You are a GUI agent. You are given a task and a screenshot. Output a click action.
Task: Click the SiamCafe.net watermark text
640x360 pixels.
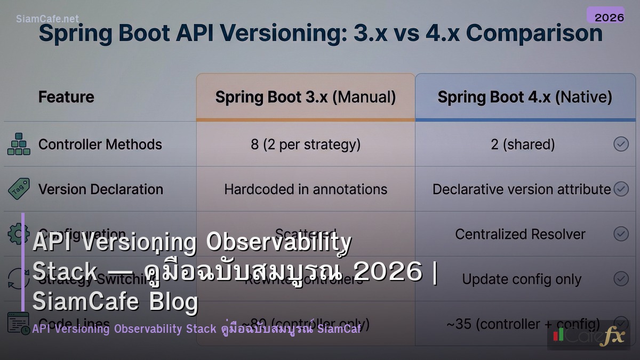click(47, 19)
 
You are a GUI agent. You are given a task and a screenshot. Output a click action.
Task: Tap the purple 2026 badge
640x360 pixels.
click(609, 17)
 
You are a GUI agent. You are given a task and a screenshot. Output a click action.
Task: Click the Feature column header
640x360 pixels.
click(66, 97)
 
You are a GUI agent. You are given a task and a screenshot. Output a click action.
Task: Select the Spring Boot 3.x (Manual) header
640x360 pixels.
click(306, 97)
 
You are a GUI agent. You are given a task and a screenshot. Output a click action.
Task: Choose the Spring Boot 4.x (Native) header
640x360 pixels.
click(525, 97)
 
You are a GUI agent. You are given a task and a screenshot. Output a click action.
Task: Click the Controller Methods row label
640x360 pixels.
click(100, 145)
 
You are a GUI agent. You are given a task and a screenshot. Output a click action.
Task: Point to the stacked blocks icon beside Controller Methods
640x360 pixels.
click(19, 145)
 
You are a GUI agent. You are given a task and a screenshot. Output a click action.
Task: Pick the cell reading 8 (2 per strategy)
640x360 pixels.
click(306, 145)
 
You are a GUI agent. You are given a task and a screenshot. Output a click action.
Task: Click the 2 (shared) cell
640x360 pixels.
click(523, 145)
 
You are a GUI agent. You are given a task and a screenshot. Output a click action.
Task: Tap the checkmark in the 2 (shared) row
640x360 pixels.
click(621, 144)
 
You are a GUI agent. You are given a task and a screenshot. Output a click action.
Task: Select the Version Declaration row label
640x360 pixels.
click(101, 189)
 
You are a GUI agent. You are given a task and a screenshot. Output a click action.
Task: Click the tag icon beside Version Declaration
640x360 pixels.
click(19, 189)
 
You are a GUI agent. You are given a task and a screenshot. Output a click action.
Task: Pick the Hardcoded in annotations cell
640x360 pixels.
click(306, 189)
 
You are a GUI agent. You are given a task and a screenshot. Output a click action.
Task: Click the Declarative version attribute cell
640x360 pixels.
click(522, 189)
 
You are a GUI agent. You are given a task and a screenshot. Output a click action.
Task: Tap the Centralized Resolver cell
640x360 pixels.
click(520, 234)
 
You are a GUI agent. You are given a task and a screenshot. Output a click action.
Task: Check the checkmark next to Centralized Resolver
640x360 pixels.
click(621, 234)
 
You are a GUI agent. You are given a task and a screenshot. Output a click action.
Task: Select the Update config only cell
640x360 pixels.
click(522, 279)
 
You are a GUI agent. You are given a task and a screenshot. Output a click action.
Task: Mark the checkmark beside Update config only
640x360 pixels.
click(621, 278)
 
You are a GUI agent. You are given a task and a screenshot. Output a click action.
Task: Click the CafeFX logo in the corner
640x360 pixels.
click(589, 335)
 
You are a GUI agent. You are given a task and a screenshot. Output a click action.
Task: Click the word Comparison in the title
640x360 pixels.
click(534, 34)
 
